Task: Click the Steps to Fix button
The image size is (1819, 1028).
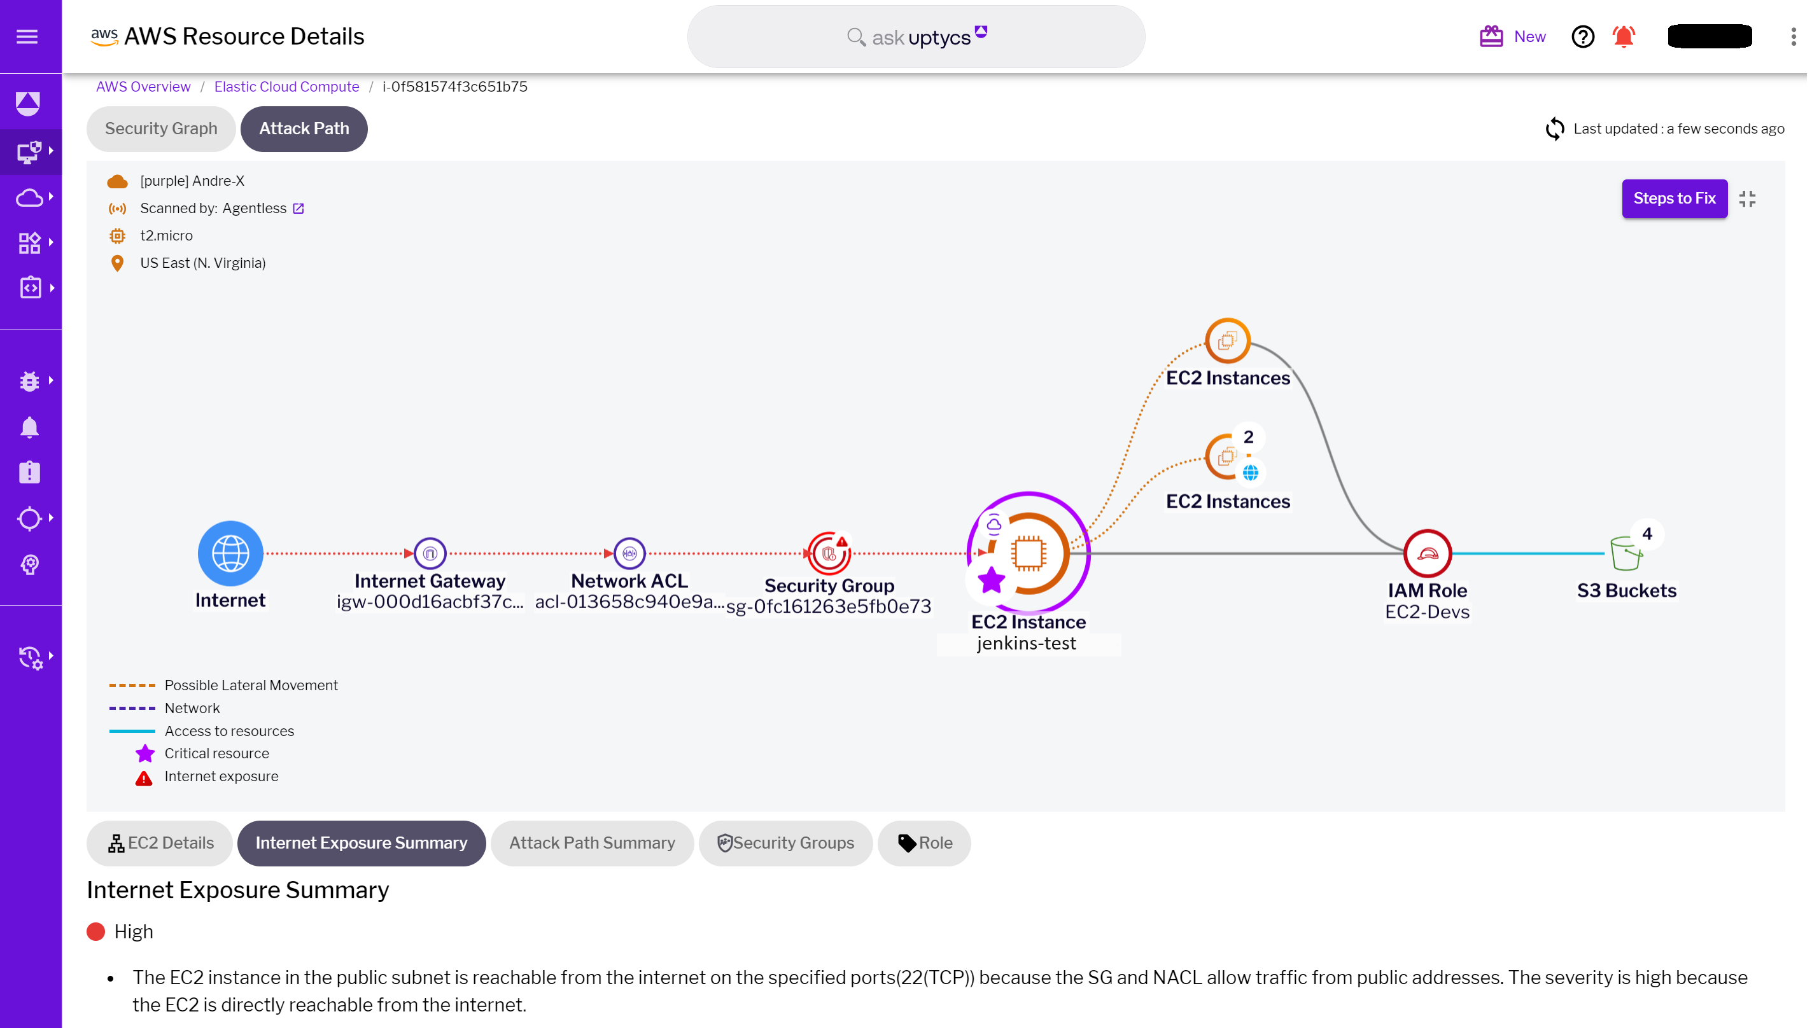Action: [1673, 198]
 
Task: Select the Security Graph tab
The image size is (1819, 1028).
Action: [161, 128]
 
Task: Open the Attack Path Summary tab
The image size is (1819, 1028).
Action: [591, 842]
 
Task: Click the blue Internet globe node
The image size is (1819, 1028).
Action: [230, 553]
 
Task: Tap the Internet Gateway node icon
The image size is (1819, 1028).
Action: [430, 553]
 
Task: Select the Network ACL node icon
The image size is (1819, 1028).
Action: [629, 553]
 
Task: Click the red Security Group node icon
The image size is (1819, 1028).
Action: [829, 553]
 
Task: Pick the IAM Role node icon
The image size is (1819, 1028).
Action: [1426, 553]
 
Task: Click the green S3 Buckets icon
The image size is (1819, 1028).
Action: [1624, 553]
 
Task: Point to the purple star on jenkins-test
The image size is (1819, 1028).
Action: [991, 580]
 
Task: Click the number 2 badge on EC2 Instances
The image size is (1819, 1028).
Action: [1247, 437]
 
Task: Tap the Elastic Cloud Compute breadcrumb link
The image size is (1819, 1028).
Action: [286, 87]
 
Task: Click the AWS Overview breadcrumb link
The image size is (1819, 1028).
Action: [143, 87]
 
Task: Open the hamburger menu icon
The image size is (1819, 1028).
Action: [27, 37]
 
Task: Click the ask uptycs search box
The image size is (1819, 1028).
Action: [915, 37]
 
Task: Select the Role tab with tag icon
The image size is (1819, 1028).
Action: [924, 842]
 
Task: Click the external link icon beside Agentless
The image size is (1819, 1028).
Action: [298, 208]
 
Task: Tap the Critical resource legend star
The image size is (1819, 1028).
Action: [145, 753]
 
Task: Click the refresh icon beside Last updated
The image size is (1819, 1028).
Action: [1554, 128]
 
